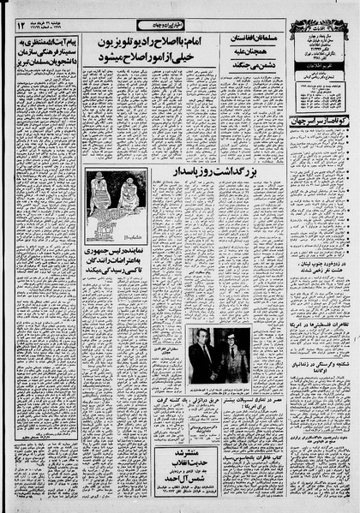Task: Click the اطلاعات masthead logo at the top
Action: click(x=317, y=11)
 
